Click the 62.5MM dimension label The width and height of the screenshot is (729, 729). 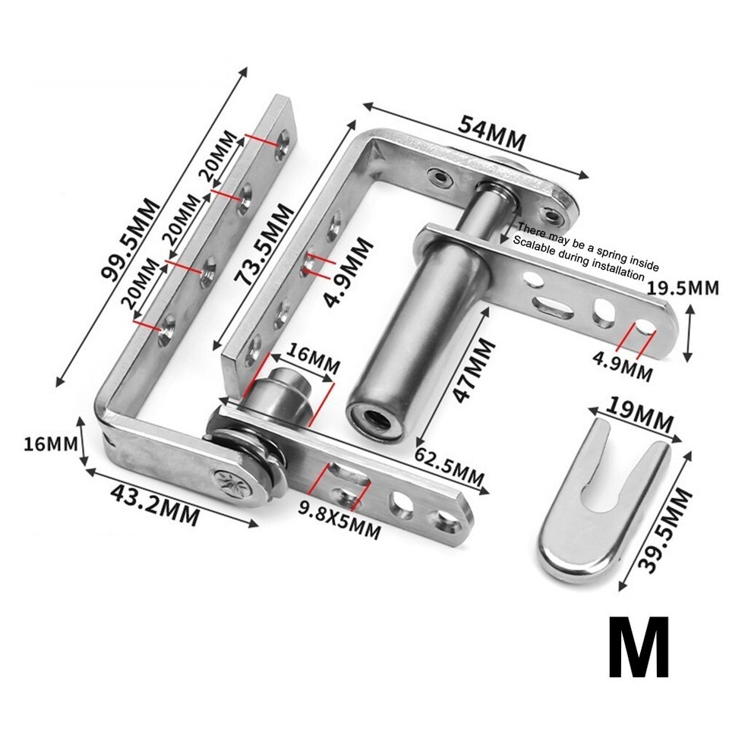pos(449,467)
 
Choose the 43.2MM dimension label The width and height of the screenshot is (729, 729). pos(154,505)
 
